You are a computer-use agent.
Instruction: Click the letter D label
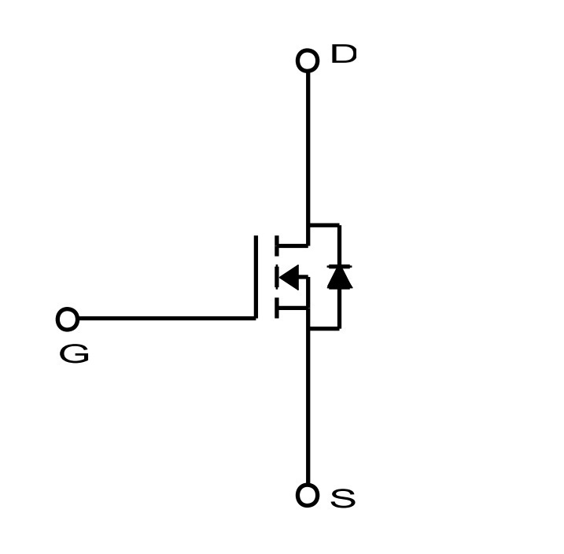[x=344, y=54]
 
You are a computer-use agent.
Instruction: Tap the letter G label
[x=74, y=353]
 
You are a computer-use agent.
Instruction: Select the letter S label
[x=343, y=498]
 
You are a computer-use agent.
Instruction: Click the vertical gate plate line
[x=256, y=277]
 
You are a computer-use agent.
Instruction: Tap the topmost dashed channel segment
[x=277, y=246]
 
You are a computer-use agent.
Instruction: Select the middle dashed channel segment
[x=277, y=277]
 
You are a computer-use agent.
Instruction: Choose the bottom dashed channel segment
[x=277, y=308]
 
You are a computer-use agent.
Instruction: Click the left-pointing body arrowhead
[x=289, y=277]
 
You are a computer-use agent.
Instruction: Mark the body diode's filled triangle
[x=340, y=278]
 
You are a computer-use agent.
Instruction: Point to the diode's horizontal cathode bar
[x=340, y=266]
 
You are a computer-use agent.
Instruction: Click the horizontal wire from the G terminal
[x=167, y=319]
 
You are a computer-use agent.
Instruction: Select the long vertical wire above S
[x=308, y=407]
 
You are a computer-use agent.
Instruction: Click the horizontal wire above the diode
[x=325, y=225]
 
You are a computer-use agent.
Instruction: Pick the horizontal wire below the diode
[x=325, y=328]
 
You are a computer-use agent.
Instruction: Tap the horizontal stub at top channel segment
[x=293, y=246]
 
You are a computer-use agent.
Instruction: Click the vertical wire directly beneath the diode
[x=339, y=308]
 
